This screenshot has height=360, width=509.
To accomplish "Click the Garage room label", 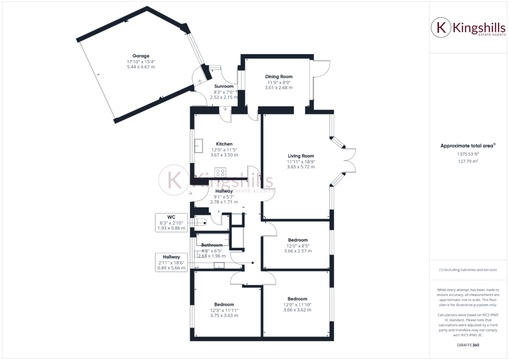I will click(x=140, y=56).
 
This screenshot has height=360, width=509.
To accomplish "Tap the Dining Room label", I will click(x=278, y=76).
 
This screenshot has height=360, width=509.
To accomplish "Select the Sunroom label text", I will click(x=223, y=86).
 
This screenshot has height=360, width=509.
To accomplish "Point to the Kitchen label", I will click(x=224, y=144).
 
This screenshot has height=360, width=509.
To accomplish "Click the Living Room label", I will click(x=300, y=156).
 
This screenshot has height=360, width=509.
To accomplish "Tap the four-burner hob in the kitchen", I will click(x=220, y=172).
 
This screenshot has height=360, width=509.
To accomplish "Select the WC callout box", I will click(x=171, y=222).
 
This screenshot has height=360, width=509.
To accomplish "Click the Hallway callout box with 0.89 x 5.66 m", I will click(x=171, y=262).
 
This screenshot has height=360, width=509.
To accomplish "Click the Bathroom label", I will click(x=211, y=245).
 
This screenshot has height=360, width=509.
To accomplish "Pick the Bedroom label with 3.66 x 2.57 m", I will click(x=297, y=240).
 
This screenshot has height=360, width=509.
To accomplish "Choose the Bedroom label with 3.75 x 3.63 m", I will click(x=224, y=304).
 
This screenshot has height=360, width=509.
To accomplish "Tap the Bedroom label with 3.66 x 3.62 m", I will click(x=297, y=299).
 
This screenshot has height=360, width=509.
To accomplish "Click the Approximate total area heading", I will click(x=467, y=146).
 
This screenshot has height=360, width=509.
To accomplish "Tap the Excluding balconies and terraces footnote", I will click(x=468, y=270).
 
